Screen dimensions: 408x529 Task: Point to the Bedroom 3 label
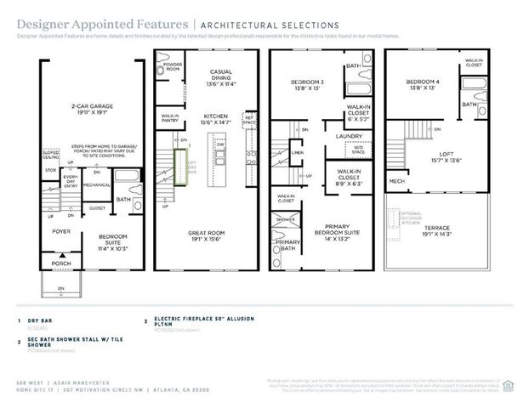304,84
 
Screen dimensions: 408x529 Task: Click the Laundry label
349,135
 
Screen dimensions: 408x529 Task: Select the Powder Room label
173,66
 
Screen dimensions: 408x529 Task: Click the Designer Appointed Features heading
71,25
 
